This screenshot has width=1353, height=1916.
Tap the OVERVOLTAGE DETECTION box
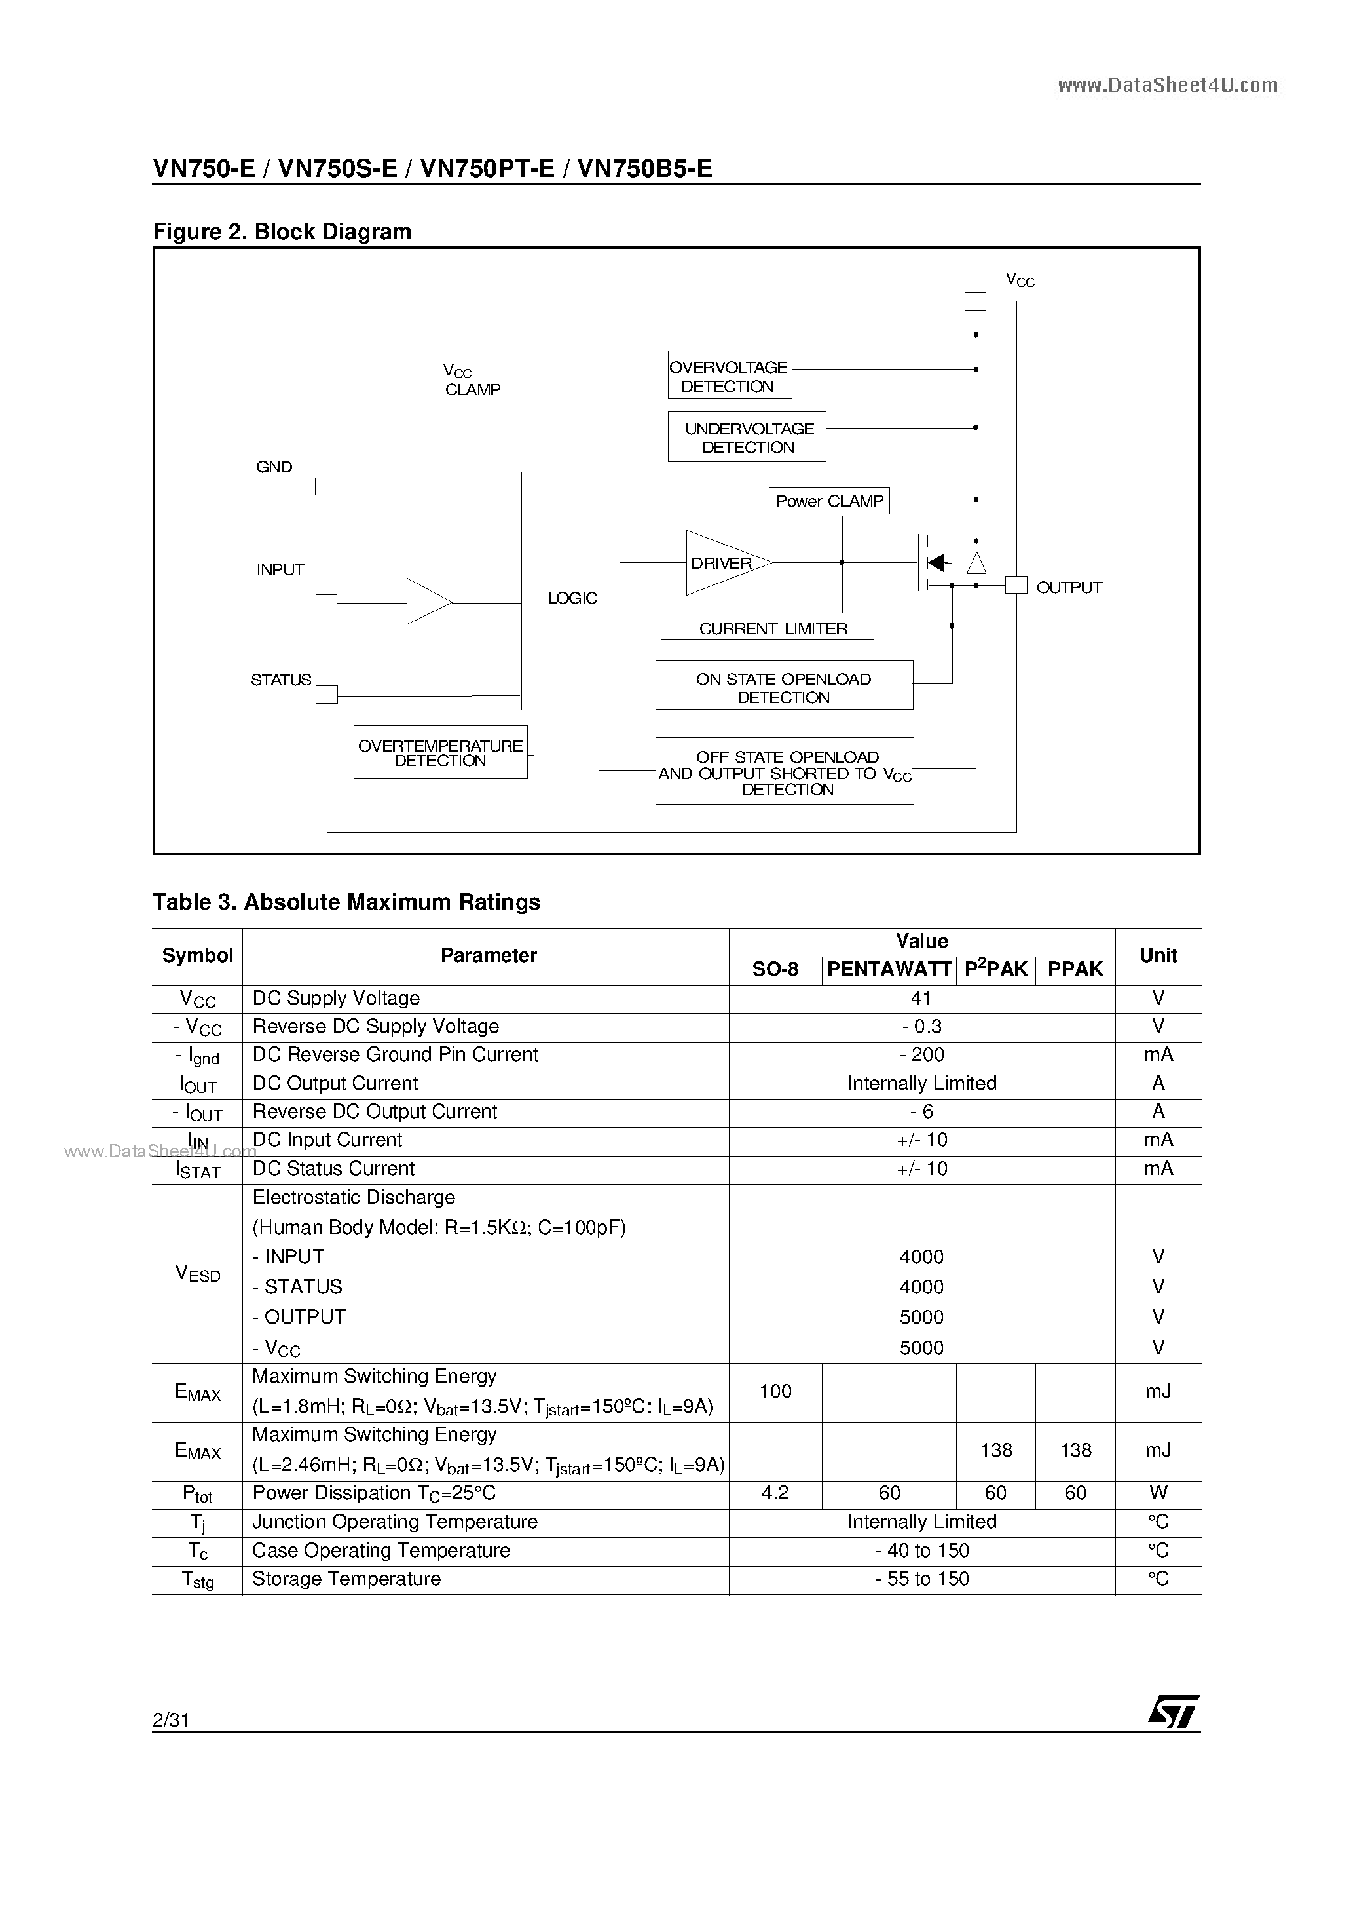[x=729, y=375]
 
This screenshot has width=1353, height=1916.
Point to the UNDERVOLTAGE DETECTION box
[x=747, y=437]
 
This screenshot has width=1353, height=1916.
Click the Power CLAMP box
[x=829, y=501]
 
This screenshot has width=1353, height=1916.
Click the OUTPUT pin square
[x=1015, y=586]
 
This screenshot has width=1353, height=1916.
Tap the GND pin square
[x=326, y=486]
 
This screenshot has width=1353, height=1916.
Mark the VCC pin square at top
[x=974, y=301]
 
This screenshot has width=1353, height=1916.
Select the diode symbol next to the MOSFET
[x=976, y=564]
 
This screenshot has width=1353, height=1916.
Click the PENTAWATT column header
[x=889, y=970]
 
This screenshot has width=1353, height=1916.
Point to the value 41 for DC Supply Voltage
[x=921, y=999]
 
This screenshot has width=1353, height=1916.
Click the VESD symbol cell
[x=198, y=1273]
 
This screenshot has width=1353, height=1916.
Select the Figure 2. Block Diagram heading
[x=282, y=232]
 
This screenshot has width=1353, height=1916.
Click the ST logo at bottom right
[x=1173, y=1712]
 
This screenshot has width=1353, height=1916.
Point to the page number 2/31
[x=171, y=1720]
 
